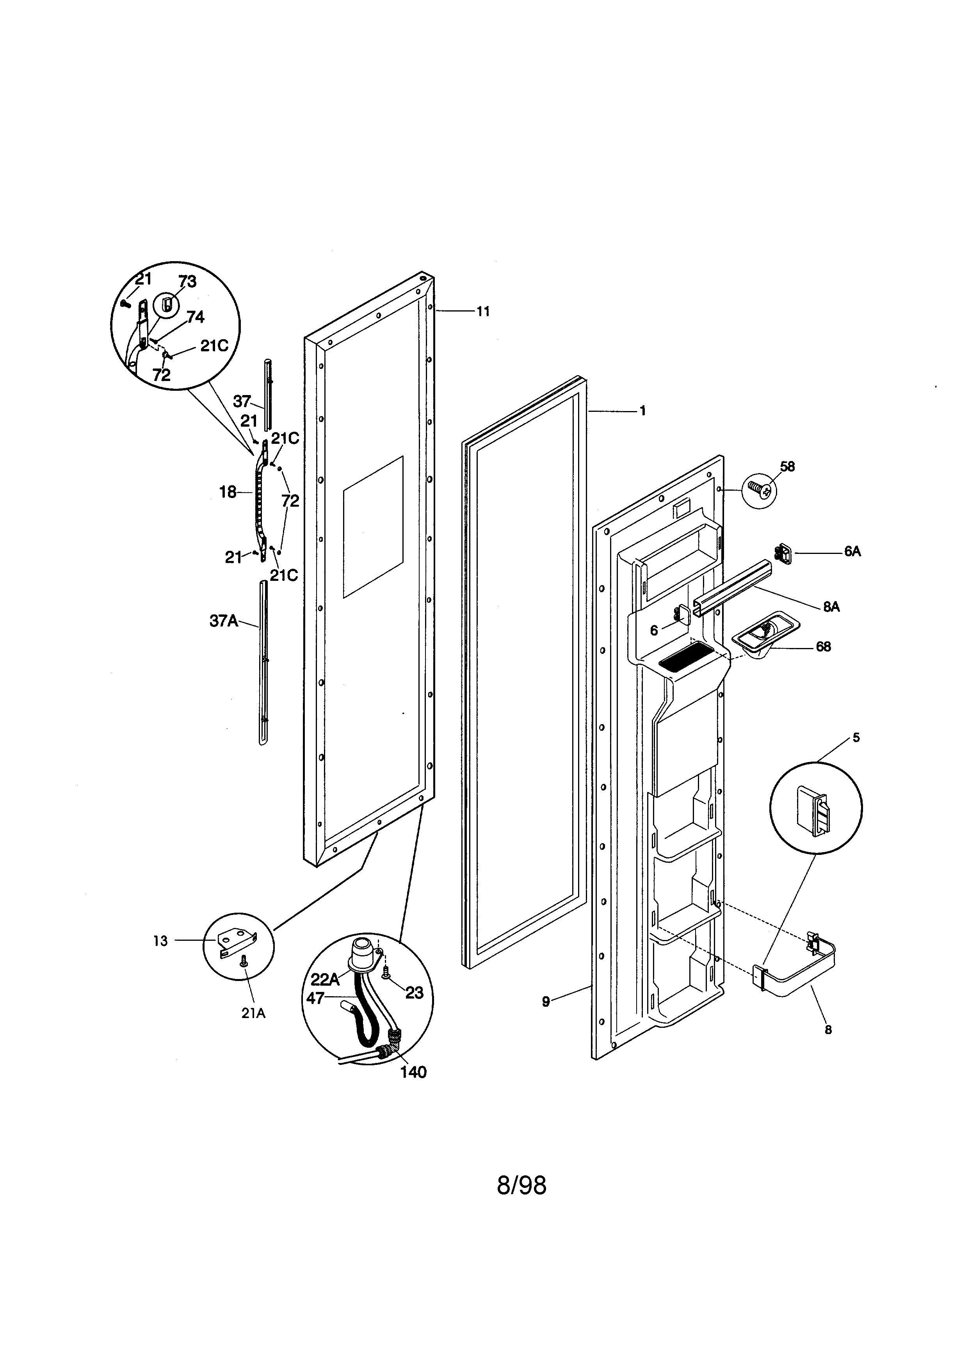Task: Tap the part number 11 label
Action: tap(483, 311)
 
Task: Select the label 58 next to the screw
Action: tap(787, 467)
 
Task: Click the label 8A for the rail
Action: tap(831, 607)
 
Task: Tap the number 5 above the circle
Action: tap(856, 737)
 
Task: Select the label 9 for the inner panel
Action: tap(546, 1002)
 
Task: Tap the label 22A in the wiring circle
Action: tap(325, 980)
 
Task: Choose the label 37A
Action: tap(224, 621)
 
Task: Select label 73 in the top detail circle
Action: tap(187, 282)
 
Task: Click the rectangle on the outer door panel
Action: tap(373, 527)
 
